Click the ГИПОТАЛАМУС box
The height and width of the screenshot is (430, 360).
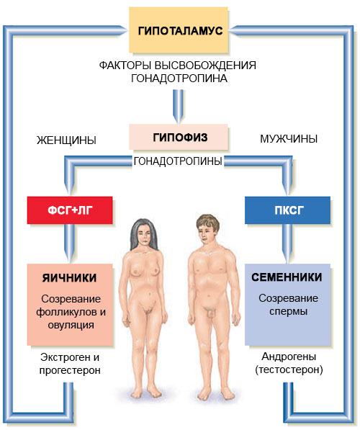pyautogui.click(x=179, y=30)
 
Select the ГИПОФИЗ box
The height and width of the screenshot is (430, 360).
pyautogui.click(x=179, y=137)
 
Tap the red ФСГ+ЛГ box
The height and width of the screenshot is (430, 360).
pyautogui.click(x=70, y=210)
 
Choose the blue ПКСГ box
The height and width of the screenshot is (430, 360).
pyautogui.click(x=287, y=210)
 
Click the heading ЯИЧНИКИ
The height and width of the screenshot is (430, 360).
pyautogui.click(x=69, y=278)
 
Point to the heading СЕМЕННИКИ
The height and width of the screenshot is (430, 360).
pyautogui.click(x=287, y=277)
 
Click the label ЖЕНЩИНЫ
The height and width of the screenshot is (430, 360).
pyautogui.click(x=67, y=140)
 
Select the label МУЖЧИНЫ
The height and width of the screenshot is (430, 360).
pyautogui.click(x=289, y=139)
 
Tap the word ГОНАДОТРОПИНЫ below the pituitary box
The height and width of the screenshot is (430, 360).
pyautogui.click(x=178, y=161)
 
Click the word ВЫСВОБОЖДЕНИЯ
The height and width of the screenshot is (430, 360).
pyautogui.click(x=205, y=66)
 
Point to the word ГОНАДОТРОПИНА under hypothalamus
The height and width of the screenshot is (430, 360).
pyautogui.click(x=179, y=79)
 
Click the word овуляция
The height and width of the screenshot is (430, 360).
pyautogui.click(x=71, y=326)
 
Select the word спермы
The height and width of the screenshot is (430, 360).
pyautogui.click(x=288, y=312)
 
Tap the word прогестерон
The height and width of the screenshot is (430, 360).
pyautogui.click(x=70, y=370)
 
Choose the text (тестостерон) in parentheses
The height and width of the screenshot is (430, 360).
pyautogui.click(x=289, y=369)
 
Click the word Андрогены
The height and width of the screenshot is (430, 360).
pyautogui.click(x=289, y=357)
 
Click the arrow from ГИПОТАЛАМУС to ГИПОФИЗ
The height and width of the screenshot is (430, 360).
pyautogui.click(x=179, y=107)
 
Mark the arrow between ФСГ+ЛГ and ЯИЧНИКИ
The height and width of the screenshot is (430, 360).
pyautogui.click(x=69, y=243)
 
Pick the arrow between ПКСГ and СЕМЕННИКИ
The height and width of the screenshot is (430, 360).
pyautogui.click(x=287, y=243)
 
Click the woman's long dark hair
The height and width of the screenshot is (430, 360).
pyautogui.click(x=135, y=236)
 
